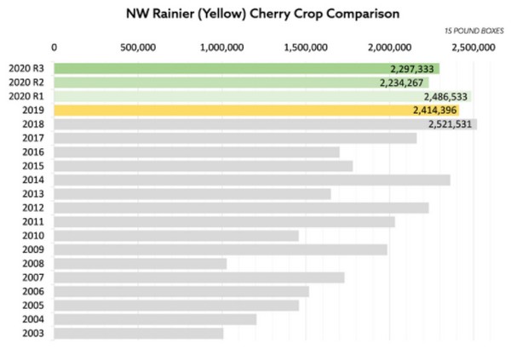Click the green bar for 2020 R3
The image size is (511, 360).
247,69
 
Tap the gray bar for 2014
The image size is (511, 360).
252,180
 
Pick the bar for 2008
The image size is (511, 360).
141,263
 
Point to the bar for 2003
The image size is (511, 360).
139,333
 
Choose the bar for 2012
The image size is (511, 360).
241,208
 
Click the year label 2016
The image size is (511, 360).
33,152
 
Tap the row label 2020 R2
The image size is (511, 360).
26,83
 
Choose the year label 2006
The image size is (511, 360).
33,291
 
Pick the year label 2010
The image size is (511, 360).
33,236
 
